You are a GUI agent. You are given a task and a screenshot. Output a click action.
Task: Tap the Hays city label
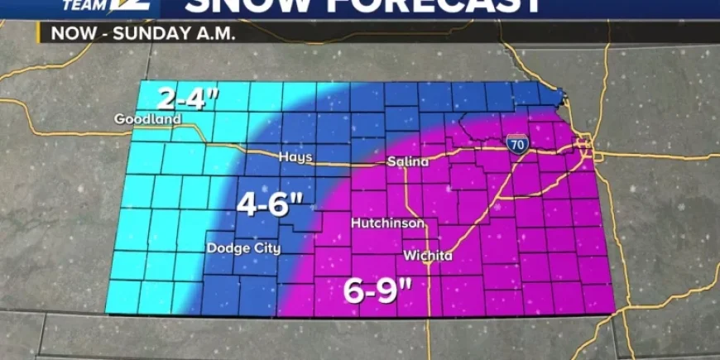(295, 157)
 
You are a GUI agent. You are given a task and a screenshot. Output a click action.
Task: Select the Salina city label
(408, 162)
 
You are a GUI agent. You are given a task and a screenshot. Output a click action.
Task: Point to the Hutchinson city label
(388, 223)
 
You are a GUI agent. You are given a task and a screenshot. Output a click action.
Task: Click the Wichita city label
(428, 255)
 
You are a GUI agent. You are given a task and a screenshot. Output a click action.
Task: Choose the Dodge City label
(243, 248)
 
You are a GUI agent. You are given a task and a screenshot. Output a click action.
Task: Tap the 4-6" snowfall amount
(266, 204)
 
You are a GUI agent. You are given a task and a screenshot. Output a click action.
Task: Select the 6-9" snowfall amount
(378, 290)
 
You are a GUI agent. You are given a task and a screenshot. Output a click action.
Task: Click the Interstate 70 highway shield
(516, 143)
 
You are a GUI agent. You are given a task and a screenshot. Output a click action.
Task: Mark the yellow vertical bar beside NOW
(39, 34)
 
